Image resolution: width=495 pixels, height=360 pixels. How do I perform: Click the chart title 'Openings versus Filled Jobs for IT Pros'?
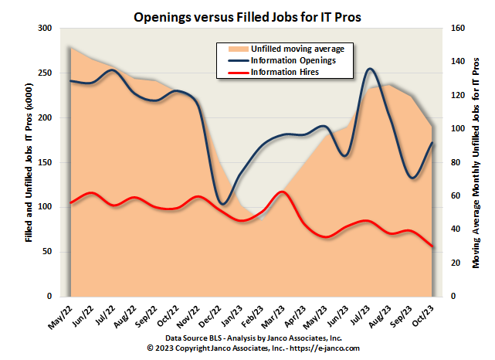[x=247, y=16]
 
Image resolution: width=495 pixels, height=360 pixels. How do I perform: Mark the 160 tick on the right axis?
[x=456, y=29]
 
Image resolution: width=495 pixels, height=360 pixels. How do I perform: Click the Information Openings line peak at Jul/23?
[x=371, y=69]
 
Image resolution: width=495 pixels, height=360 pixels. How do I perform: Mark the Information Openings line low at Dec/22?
[x=223, y=204]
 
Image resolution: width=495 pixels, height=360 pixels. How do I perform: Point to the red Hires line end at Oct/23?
[x=432, y=246]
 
